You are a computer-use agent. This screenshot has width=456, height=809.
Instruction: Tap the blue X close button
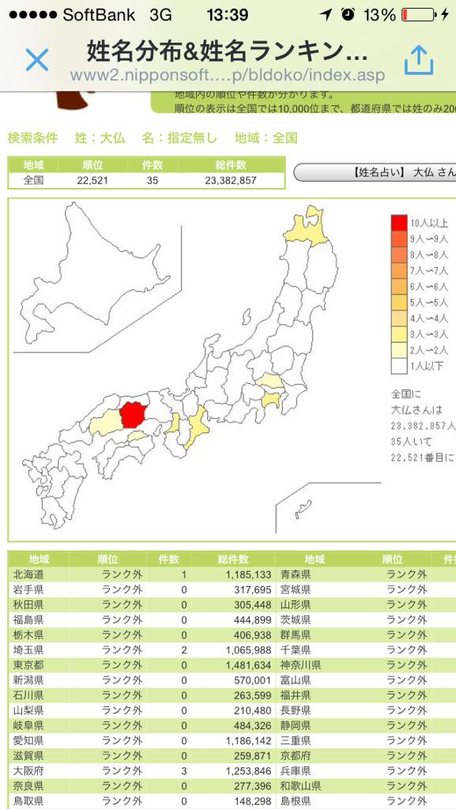point(37,60)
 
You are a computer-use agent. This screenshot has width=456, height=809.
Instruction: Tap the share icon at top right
point(419,60)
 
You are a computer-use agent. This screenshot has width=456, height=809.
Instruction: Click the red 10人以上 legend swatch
point(400,223)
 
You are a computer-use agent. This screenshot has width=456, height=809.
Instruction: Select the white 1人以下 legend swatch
point(400,366)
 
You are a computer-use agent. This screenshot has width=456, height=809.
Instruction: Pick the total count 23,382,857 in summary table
point(231,180)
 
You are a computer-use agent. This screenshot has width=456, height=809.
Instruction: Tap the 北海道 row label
point(29,574)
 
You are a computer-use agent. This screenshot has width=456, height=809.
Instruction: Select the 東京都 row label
point(29,664)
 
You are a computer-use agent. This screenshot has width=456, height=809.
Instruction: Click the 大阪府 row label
point(29,770)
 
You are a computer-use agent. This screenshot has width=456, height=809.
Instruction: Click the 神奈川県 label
point(300,664)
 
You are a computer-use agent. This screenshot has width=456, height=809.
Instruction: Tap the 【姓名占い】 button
point(375,172)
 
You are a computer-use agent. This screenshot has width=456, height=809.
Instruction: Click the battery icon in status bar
point(418,15)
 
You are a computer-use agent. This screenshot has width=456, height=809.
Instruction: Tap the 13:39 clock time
point(227,15)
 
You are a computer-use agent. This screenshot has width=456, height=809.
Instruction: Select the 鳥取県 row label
point(29,800)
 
